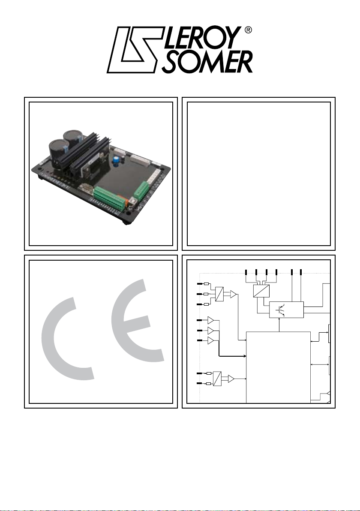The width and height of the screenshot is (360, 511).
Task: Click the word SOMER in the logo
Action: point(207,62)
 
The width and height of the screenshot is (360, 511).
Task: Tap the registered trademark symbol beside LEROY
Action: point(248,30)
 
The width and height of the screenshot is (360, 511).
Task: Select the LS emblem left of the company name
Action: point(135,50)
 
